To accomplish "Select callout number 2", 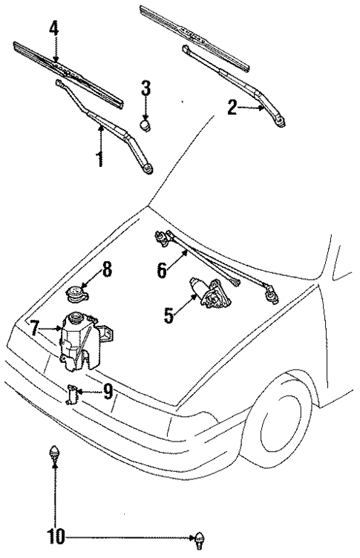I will [x=232, y=109].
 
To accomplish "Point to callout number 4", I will [x=53, y=30].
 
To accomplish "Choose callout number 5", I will [x=169, y=315].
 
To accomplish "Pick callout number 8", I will [x=107, y=270].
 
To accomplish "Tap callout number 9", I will [x=108, y=391].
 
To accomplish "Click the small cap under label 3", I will [x=146, y=125].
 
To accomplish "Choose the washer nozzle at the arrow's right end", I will [x=198, y=537].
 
